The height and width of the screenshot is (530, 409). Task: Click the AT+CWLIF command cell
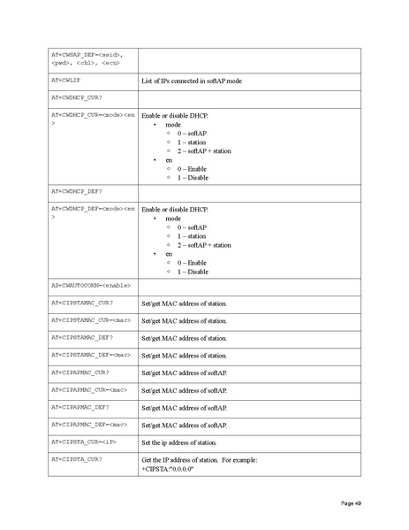(x=69, y=80)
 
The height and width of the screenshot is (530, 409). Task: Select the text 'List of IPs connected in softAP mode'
(x=192, y=81)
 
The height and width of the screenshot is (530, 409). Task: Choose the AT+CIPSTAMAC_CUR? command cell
(x=81, y=303)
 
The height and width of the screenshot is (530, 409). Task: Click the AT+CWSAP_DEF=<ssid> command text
(x=91, y=55)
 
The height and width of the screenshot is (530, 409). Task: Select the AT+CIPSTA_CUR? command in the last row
(x=76, y=458)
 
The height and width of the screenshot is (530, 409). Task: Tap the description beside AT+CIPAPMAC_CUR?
(x=184, y=373)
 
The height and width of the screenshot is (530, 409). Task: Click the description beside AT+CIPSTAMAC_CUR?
(x=184, y=303)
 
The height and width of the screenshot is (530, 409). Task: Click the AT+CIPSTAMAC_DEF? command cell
(x=81, y=337)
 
